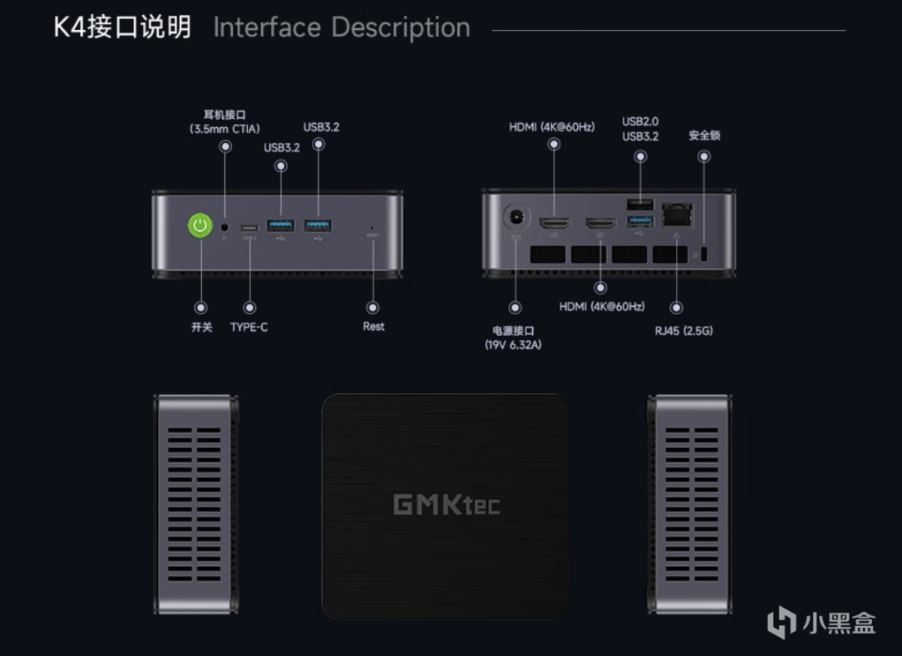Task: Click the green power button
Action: [200, 225]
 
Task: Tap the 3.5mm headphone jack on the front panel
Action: [225, 225]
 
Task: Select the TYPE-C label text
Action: [249, 328]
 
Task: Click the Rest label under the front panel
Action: [373, 327]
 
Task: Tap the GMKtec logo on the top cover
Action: [446, 504]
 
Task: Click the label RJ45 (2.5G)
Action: [683, 330]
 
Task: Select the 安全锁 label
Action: [704, 135]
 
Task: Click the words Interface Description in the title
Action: [342, 27]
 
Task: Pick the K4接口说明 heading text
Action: [122, 27]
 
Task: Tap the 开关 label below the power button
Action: [201, 328]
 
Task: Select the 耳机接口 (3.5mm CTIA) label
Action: [224, 121]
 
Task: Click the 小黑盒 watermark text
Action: [837, 623]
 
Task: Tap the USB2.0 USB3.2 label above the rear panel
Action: [640, 129]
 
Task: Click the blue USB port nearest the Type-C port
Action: [280, 225]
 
